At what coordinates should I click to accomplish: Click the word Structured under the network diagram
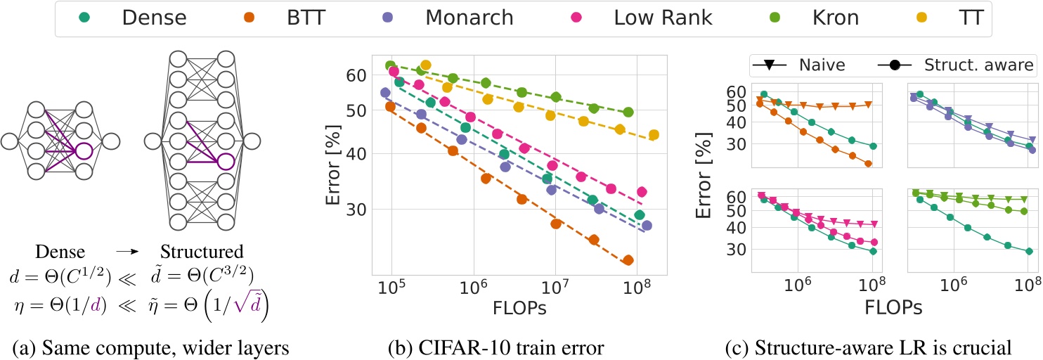pyautogui.click(x=202, y=251)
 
